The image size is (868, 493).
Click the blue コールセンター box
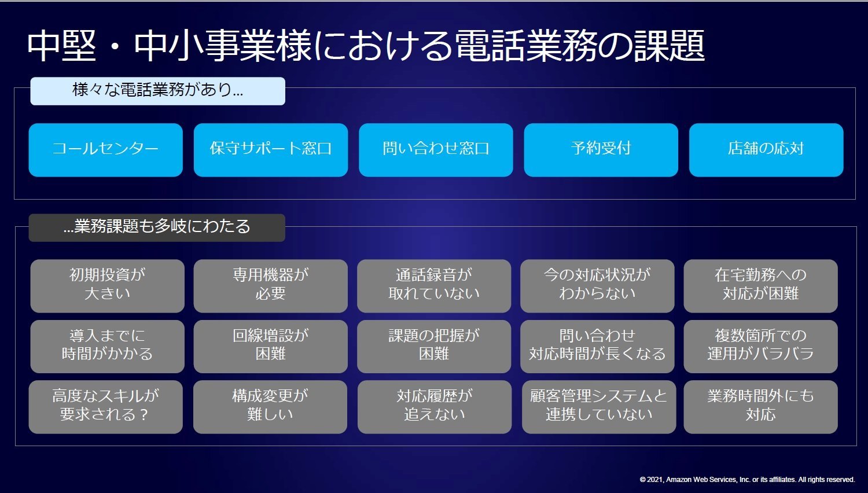[106, 150]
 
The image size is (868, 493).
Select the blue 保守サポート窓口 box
[271, 150]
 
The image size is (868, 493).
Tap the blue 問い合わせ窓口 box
[436, 150]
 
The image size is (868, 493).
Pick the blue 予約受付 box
[601, 150]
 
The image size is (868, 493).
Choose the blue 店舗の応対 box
[766, 150]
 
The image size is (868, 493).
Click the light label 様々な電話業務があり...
[158, 91]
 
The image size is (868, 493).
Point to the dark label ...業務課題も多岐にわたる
[157, 228]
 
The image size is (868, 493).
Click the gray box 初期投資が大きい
[107, 286]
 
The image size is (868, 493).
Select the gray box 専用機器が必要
[270, 286]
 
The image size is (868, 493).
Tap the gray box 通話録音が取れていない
[434, 286]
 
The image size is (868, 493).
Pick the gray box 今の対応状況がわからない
[597, 286]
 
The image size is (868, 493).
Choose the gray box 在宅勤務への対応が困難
[761, 286]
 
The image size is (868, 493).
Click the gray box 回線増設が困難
[270, 347]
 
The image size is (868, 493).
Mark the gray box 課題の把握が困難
[434, 347]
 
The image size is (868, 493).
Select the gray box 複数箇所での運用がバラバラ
[761, 347]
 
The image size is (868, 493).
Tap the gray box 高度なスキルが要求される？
[106, 407]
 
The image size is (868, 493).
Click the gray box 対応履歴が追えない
[435, 407]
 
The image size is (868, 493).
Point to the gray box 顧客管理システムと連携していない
[599, 407]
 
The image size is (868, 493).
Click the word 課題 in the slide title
[669, 45]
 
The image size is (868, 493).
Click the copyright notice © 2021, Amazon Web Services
[747, 480]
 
